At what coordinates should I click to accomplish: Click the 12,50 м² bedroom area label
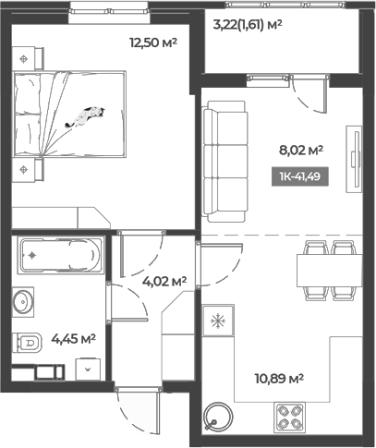click(x=153, y=42)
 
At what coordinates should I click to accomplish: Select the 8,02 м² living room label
click(x=301, y=148)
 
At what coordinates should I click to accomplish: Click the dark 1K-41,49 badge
click(x=301, y=177)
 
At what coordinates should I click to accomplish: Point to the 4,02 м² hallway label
click(x=164, y=280)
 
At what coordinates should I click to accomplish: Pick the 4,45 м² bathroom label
click(x=74, y=338)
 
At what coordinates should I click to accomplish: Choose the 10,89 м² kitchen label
click(x=279, y=377)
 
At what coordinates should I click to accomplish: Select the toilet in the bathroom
click(x=28, y=343)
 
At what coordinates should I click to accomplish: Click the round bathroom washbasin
click(x=25, y=300)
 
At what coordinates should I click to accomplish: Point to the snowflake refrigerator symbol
click(x=219, y=321)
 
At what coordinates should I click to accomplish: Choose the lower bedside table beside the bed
click(x=26, y=169)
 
